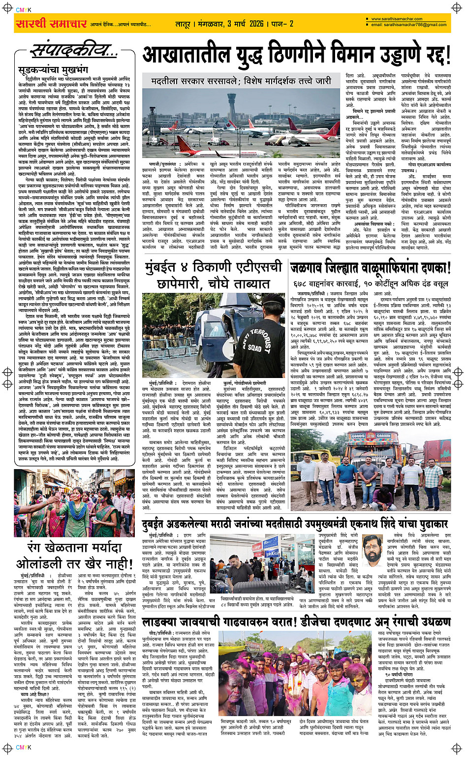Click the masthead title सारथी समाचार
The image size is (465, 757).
[x=51, y=24]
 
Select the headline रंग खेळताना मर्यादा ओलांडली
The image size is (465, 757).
[x=75, y=555]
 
